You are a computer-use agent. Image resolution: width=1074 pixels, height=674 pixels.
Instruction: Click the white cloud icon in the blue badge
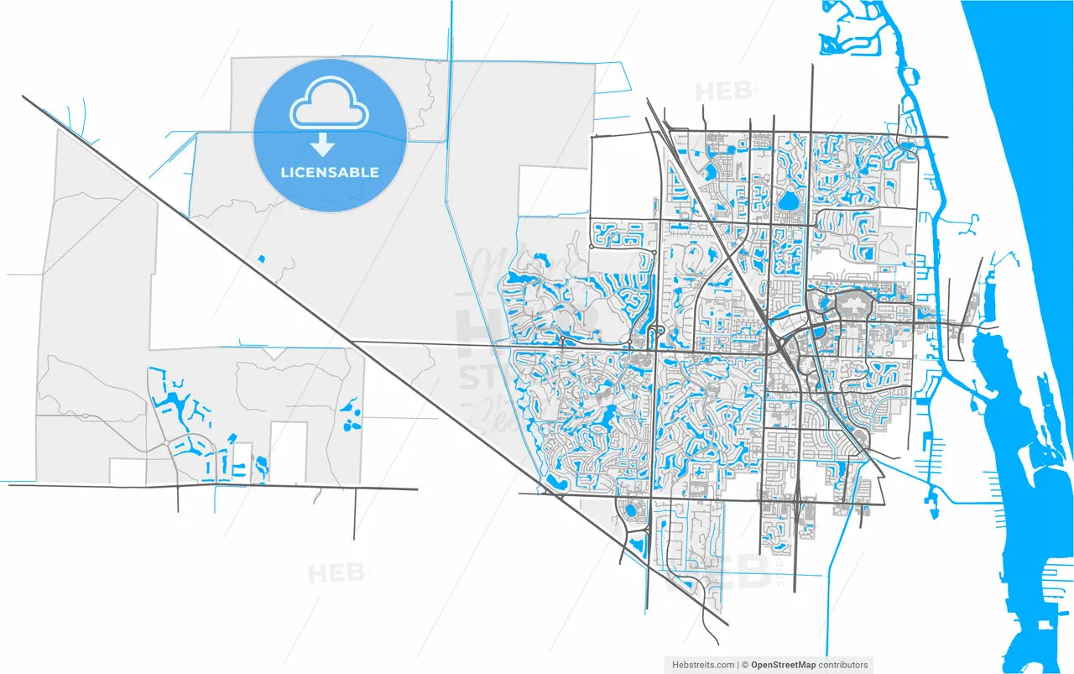pos(329,105)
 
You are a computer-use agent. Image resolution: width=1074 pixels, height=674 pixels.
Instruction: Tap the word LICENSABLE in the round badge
pos(329,172)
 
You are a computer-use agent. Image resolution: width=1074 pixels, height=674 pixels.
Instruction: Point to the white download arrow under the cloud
pos(321,146)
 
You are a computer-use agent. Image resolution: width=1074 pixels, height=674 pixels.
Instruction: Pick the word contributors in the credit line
pos(844,665)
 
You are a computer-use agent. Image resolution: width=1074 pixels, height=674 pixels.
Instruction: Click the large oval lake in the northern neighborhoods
pos(788,201)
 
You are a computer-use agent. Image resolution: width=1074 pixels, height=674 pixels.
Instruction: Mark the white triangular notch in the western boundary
pos(274,353)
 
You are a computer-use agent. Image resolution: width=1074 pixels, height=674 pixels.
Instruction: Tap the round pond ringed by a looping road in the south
pos(629,509)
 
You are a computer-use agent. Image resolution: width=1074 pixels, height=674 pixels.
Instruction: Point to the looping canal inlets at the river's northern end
pos(847,34)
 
